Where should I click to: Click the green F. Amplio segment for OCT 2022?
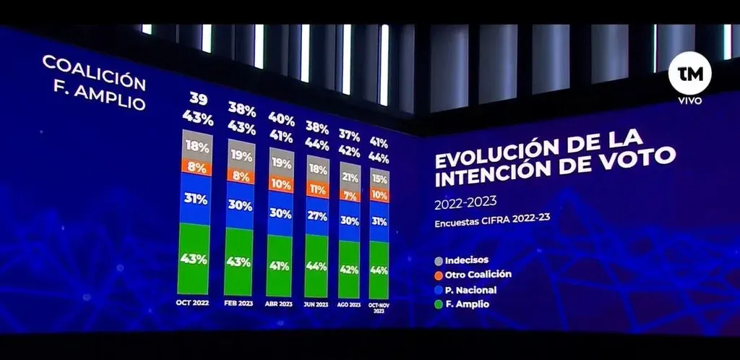click(194, 258)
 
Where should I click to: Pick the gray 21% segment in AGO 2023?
click(350, 178)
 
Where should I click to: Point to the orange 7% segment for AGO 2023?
click(350, 196)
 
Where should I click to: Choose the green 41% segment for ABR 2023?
click(280, 265)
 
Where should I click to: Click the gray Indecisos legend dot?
click(439, 260)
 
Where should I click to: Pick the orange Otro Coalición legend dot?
click(439, 275)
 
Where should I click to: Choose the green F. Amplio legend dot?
click(439, 304)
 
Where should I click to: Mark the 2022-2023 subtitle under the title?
click(466, 203)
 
